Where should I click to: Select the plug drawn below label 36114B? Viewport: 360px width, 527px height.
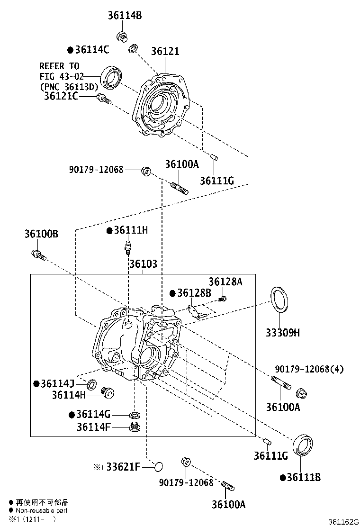(122, 36)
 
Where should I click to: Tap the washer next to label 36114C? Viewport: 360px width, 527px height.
(134, 48)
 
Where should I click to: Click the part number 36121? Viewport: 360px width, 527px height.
(165, 51)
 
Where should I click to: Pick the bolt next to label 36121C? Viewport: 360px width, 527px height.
(103, 99)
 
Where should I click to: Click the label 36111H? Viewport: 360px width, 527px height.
(130, 230)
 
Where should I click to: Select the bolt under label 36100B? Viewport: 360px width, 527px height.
(38, 254)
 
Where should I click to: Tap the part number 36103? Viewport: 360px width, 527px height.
(143, 264)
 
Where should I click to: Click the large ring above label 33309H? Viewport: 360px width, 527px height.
(279, 299)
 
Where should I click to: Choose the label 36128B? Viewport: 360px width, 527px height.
(194, 293)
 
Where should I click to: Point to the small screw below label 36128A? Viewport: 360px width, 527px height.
(222, 298)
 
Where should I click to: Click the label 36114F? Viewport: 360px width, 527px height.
(94, 427)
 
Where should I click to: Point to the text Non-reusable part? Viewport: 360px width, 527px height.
(41, 511)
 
